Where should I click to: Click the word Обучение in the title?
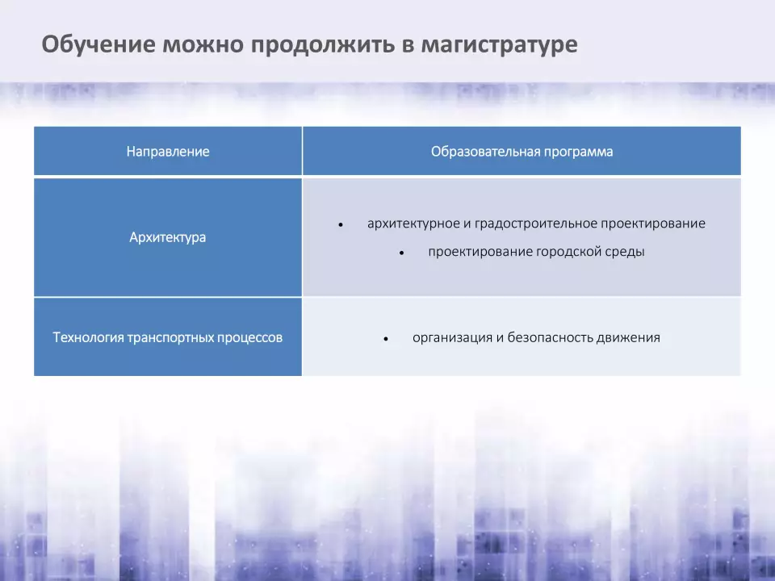coord(98,44)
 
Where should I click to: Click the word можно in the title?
coord(203,44)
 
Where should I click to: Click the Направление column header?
coord(168,151)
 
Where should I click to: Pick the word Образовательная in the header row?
coord(484,151)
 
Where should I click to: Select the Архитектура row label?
coord(168,237)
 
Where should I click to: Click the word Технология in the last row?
coord(88,337)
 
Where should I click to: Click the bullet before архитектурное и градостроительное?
coord(341,225)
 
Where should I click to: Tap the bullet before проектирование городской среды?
coord(402,253)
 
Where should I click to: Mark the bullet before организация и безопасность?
coord(386,340)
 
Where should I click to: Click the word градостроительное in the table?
coord(536,224)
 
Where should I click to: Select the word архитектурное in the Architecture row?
coord(413,224)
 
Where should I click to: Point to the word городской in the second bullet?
coord(568,252)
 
